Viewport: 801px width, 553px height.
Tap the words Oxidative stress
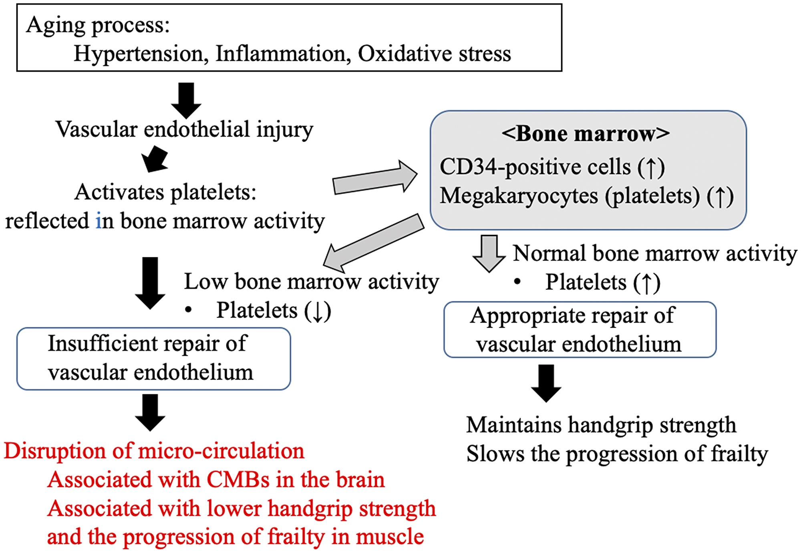pyautogui.click(x=434, y=54)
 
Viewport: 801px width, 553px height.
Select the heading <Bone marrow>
pyautogui.click(x=585, y=134)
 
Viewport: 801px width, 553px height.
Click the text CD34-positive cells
pyautogui.click(x=535, y=167)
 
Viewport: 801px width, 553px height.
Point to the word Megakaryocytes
pyautogui.click(x=519, y=196)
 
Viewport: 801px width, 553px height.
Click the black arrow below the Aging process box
pyautogui.click(x=186, y=100)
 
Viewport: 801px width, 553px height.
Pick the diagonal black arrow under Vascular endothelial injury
pyautogui.click(x=155, y=159)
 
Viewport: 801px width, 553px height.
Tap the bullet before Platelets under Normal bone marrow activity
pyautogui.click(x=517, y=282)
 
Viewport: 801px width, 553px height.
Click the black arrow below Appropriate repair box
pyautogui.click(x=546, y=383)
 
